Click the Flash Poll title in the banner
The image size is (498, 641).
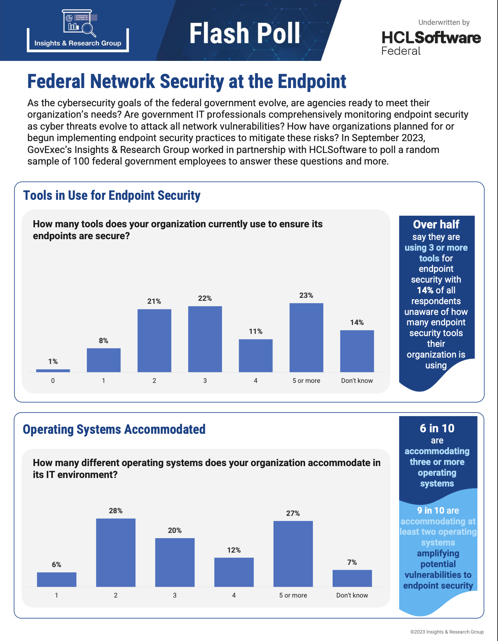point(245,33)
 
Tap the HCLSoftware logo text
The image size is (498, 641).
point(431,38)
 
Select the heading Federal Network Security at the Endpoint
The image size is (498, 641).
point(187,81)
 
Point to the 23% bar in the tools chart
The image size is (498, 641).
point(306,337)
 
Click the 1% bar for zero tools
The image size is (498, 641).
point(53,370)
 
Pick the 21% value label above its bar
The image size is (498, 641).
point(154,301)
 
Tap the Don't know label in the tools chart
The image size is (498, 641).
point(357,381)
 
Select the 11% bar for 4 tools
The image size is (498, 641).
point(256,355)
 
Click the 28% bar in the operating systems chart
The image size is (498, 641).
point(116,552)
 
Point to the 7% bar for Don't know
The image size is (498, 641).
point(352,578)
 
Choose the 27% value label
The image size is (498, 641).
point(293,513)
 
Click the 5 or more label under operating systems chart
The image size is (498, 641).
point(293,595)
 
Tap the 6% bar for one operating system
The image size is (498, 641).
point(56,579)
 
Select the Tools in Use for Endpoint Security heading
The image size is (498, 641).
point(112,195)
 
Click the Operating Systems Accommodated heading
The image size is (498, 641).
point(114,429)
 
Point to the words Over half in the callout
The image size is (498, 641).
point(436,224)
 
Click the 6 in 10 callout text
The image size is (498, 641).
point(437,428)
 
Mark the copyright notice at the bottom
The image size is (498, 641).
point(447,632)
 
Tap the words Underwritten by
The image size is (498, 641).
point(444,22)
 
